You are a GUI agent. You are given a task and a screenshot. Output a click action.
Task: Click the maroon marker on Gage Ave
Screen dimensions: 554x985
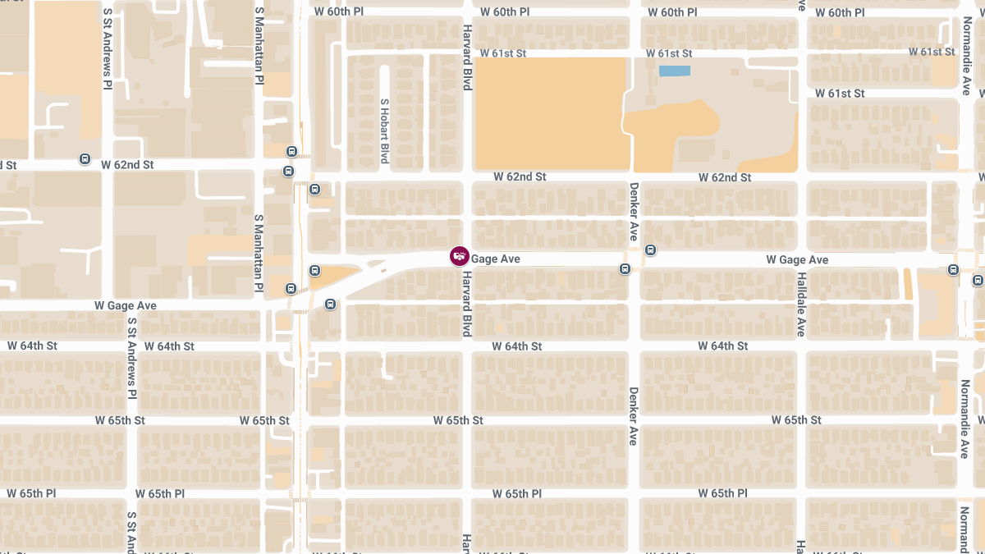click(459, 257)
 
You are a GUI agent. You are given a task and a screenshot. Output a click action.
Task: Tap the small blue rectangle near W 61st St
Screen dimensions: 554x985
click(675, 71)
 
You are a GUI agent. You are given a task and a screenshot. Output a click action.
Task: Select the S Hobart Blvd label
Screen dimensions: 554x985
click(383, 130)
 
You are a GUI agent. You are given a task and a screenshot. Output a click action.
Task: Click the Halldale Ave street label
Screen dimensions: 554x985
click(800, 304)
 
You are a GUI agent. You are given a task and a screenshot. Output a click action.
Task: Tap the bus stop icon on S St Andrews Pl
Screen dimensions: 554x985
click(85, 158)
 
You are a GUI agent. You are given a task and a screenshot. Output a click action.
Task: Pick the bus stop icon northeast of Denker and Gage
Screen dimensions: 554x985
click(650, 250)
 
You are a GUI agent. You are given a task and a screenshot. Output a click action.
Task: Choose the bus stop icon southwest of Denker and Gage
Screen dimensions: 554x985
click(625, 268)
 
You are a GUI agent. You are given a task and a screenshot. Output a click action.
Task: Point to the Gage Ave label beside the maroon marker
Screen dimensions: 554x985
click(496, 259)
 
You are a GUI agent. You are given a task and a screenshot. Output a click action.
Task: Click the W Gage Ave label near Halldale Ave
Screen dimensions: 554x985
click(797, 259)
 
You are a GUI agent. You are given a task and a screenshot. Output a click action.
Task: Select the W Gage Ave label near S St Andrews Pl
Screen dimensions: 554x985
click(125, 305)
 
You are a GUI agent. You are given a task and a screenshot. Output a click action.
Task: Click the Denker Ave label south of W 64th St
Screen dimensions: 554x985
click(633, 416)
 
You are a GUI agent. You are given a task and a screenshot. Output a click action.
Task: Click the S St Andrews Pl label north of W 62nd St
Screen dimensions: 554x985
click(108, 49)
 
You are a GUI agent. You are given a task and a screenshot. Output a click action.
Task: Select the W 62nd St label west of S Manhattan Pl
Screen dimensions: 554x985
click(127, 165)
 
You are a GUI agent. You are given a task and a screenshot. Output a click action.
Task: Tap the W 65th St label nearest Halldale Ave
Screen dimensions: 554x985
click(796, 420)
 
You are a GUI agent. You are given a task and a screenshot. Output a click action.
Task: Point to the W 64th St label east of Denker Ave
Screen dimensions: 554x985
click(723, 346)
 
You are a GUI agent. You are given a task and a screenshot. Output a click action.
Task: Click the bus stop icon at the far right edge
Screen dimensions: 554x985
click(978, 280)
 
